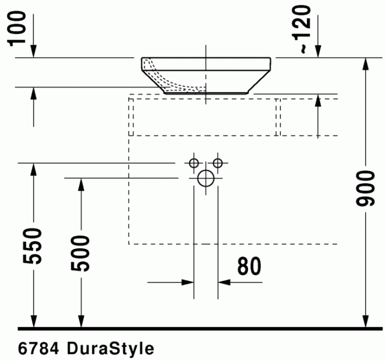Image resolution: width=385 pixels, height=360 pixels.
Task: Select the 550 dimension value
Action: pyautogui.click(x=34, y=246)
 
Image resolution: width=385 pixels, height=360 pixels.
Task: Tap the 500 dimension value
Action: pyautogui.click(x=81, y=253)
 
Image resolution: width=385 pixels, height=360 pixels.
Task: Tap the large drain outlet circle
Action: pyautogui.click(x=206, y=178)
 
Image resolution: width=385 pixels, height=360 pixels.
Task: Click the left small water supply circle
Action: pyautogui.click(x=193, y=163)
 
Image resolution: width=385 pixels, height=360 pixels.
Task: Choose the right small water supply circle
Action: pyautogui.click(x=218, y=163)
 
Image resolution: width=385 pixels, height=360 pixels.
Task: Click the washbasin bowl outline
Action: pyautogui.click(x=206, y=74)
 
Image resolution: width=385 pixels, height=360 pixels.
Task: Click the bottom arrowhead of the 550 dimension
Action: pyautogui.click(x=34, y=321)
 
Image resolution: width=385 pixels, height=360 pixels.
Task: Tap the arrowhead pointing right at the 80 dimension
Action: pyautogui.click(x=188, y=282)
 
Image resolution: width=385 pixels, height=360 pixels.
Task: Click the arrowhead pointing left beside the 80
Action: pyautogui.click(x=224, y=282)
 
